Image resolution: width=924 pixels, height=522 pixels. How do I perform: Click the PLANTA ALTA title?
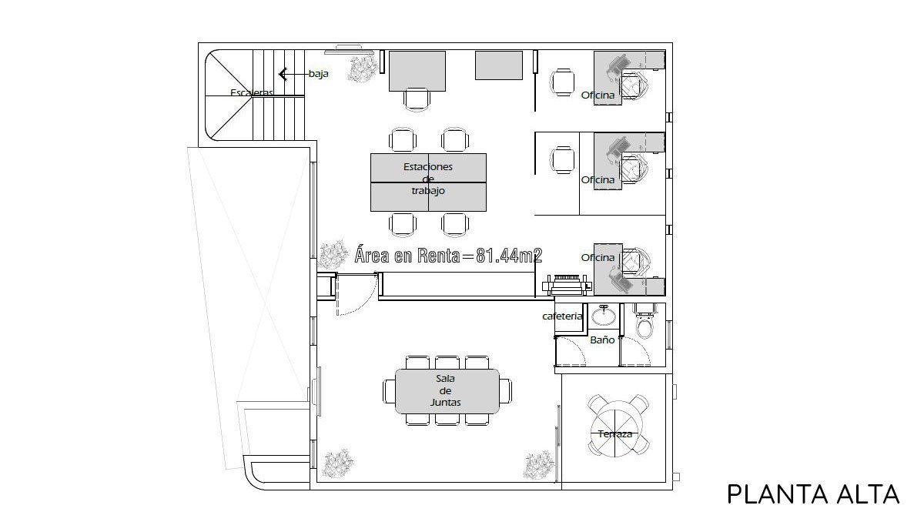813,494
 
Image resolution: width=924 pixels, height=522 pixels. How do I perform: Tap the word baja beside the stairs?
319,74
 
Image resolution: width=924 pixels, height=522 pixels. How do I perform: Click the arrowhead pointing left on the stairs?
283,75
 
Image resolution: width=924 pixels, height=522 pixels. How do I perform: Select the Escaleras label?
252,92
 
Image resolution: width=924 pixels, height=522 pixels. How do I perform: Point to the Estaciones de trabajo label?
428,179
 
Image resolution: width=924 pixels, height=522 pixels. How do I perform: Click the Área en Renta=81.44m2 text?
448,256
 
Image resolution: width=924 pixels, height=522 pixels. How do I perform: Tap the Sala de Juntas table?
447,391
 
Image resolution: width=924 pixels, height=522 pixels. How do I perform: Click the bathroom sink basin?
604,316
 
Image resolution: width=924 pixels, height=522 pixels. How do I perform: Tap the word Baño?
602,340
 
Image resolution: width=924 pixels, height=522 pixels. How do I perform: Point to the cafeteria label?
562,316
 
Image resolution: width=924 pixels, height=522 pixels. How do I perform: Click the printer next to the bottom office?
567,285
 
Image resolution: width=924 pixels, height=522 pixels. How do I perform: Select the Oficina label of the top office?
598,95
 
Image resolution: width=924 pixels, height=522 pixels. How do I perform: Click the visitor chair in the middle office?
562,160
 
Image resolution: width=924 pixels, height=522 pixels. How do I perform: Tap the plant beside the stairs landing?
363,69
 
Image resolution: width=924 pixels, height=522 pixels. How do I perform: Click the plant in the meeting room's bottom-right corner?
538,465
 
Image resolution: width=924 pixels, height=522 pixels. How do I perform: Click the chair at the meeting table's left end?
389,391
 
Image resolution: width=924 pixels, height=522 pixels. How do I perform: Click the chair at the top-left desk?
417,99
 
